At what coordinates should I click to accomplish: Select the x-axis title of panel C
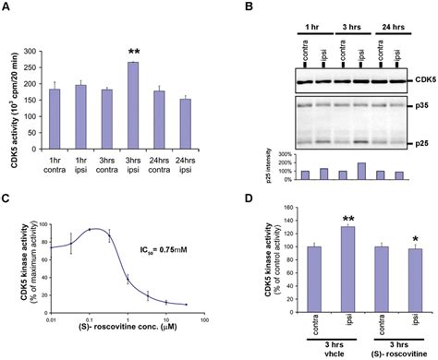click(x=120, y=334)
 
